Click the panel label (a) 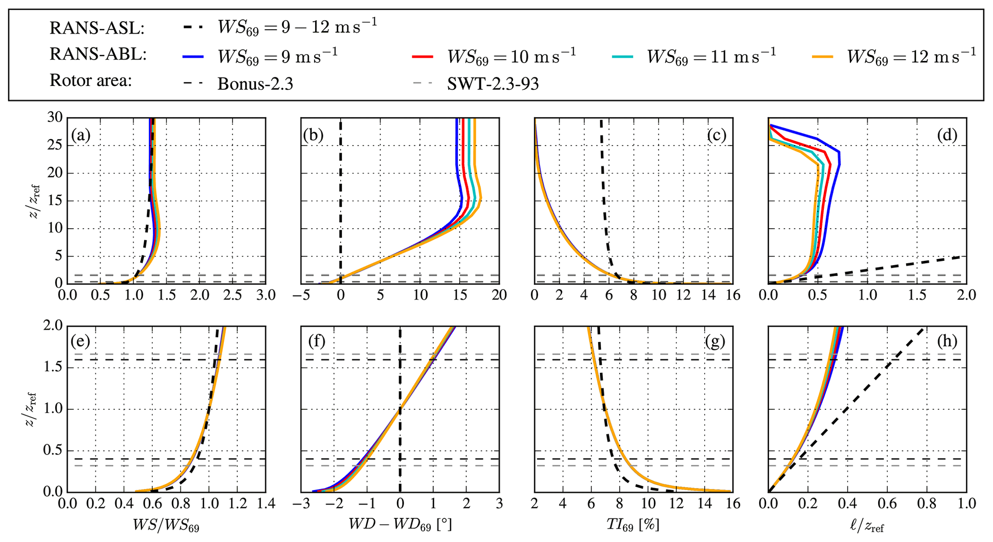click(81, 135)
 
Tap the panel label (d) click(947, 135)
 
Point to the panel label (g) click(715, 342)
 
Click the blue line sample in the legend click(193, 57)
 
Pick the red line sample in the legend click(423, 57)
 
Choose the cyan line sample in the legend click(623, 57)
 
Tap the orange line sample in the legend click(822, 57)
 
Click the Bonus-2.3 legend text click(255, 84)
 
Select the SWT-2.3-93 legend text click(493, 84)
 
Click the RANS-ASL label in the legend click(97, 29)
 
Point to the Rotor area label click(91, 81)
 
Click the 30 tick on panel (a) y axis click(55, 118)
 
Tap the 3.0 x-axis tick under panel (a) click(265, 295)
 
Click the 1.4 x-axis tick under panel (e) click(265, 504)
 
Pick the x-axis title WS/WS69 click(166, 525)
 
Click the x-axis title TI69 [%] click(633, 525)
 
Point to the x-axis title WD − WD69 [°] click(400, 525)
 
